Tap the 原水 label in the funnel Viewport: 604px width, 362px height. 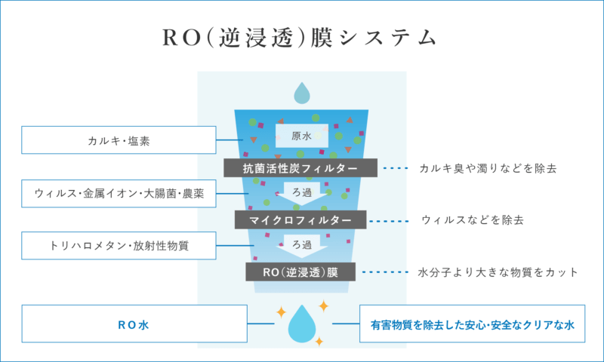(x=300, y=136)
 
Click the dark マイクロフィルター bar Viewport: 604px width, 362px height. (x=300, y=219)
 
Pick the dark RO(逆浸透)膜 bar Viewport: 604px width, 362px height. (x=300, y=271)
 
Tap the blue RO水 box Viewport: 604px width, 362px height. (x=135, y=324)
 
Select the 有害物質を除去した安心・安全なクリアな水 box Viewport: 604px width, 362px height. (x=473, y=324)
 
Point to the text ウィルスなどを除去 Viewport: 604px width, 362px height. (x=473, y=220)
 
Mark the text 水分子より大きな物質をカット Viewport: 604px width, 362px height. (x=498, y=271)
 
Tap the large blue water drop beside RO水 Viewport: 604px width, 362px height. (x=302, y=324)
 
